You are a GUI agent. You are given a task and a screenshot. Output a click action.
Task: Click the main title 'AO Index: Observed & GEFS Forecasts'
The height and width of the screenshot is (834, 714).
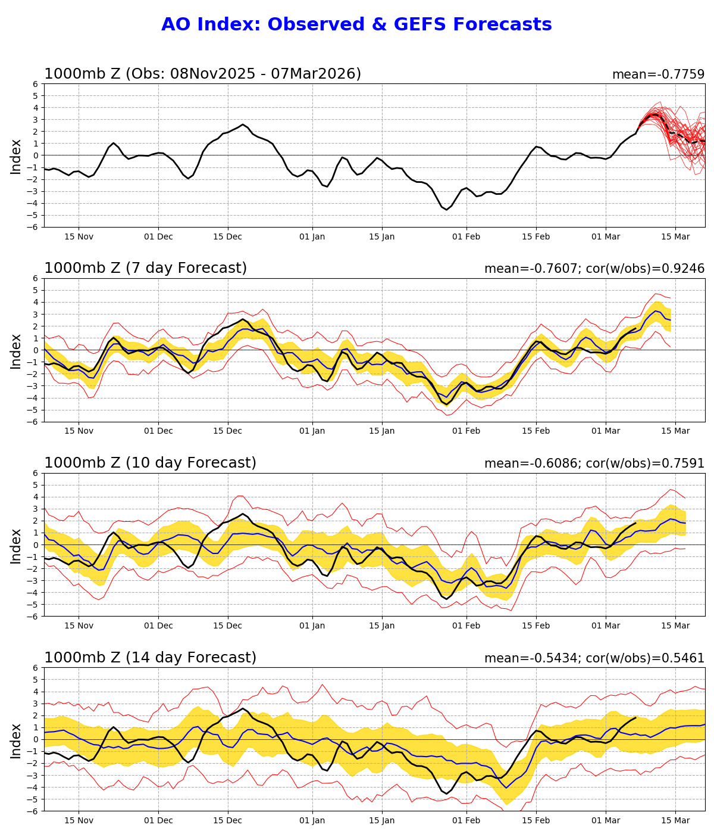click(356, 25)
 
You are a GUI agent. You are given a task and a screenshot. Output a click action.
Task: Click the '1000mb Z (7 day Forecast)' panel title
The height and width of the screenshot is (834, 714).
click(145, 269)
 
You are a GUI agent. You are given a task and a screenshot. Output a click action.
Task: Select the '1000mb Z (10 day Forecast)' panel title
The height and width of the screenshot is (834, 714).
click(150, 463)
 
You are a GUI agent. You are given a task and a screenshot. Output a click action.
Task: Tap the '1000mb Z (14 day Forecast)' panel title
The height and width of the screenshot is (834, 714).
click(150, 658)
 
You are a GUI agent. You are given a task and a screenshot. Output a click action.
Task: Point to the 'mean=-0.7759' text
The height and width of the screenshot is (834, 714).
click(658, 74)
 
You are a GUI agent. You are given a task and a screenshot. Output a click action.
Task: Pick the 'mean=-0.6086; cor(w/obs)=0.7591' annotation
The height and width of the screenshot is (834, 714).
click(594, 463)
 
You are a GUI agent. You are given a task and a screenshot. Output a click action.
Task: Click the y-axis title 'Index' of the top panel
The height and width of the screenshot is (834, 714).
click(16, 156)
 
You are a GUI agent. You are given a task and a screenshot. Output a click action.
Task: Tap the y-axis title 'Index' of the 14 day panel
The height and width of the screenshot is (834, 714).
click(16, 740)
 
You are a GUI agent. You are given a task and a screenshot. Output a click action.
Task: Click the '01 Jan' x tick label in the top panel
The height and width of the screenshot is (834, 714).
click(312, 236)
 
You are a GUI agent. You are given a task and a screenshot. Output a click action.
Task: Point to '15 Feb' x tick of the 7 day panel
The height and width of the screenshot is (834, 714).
click(535, 431)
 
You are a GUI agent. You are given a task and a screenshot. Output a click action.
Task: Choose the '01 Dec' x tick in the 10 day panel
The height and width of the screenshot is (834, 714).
click(158, 626)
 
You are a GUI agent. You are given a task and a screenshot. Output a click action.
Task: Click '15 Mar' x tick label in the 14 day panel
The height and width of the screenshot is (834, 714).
click(675, 821)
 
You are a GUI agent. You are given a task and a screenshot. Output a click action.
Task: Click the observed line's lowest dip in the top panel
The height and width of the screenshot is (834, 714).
click(446, 209)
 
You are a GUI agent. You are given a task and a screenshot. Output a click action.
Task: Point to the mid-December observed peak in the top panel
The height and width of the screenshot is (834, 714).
click(242, 125)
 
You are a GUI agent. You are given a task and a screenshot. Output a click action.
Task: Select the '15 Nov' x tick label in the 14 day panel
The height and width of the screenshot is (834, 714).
click(79, 821)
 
